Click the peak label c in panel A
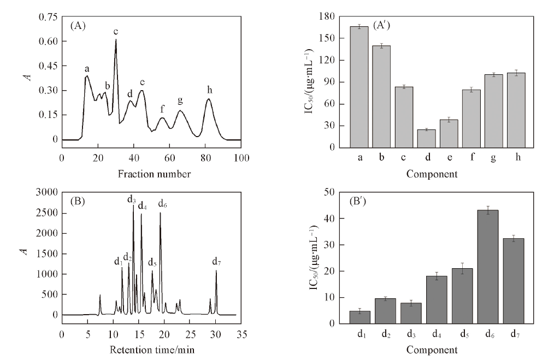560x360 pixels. point(116,32)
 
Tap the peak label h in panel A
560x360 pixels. point(209,89)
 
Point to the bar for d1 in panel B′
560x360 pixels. point(359,317)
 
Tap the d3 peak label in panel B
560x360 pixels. point(132,200)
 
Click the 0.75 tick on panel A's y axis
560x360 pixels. point(48,17)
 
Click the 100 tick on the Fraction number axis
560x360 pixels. point(241,158)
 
